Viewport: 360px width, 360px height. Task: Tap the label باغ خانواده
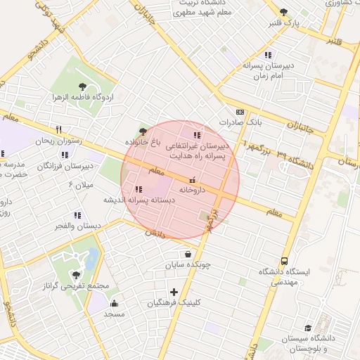[x=143, y=142]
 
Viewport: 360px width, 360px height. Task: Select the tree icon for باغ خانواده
[x=143, y=131]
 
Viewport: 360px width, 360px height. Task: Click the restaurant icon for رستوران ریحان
[x=59, y=130]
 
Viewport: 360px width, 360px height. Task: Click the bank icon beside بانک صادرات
[x=240, y=112]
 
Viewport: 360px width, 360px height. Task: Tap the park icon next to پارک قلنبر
[x=283, y=12]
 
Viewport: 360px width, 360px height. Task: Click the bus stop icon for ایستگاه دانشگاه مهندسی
[x=284, y=261]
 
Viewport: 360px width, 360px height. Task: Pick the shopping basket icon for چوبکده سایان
[x=188, y=255]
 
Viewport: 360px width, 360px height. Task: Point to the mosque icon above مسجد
[x=114, y=304]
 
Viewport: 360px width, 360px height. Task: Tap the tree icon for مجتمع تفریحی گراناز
[x=76, y=275]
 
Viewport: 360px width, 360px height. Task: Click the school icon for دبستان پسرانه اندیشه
[x=138, y=189]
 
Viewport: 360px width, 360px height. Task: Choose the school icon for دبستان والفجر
[x=77, y=215]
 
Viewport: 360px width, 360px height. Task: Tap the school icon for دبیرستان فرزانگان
[x=65, y=155]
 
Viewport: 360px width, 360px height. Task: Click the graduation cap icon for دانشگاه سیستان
[x=308, y=328]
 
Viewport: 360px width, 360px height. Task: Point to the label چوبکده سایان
[x=188, y=266]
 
